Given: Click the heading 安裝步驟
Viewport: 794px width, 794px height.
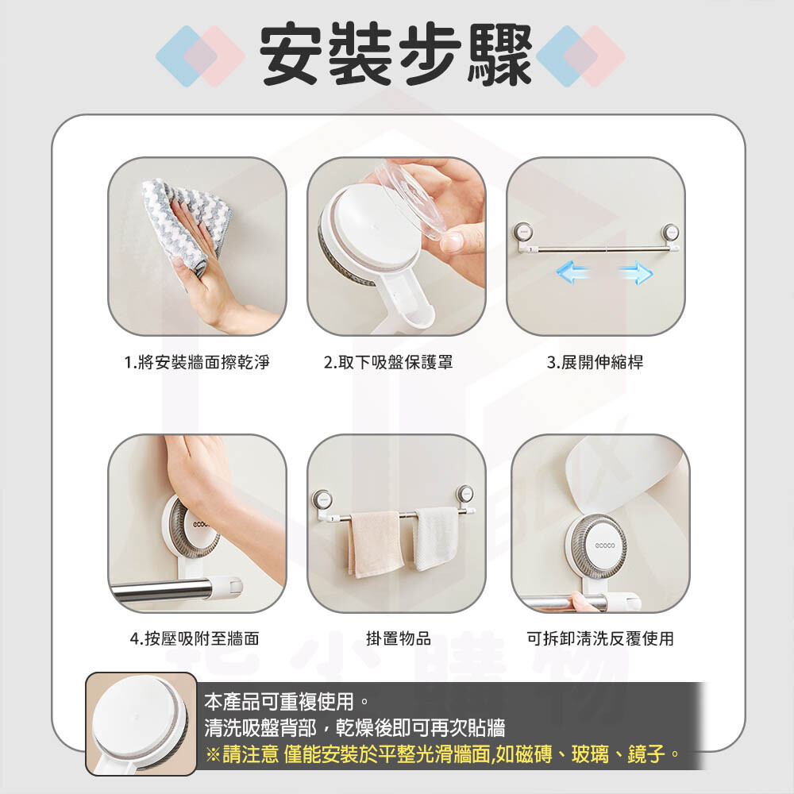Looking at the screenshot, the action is click(x=396, y=54).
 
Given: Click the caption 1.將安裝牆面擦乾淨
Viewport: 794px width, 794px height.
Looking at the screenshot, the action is click(x=197, y=363).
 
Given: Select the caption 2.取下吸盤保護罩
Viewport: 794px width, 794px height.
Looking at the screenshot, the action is click(x=388, y=363).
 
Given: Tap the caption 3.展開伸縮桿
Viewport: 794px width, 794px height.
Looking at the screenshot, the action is click(x=595, y=363).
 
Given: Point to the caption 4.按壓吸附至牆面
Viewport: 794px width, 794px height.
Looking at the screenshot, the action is click(x=195, y=638).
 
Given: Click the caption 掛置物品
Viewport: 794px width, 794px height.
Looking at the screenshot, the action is click(x=399, y=638).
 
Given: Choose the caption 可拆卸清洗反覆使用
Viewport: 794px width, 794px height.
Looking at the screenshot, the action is click(x=600, y=638).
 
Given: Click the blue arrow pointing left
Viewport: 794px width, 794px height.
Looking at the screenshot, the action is click(x=572, y=272).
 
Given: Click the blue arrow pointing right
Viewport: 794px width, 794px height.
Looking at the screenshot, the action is click(x=636, y=272).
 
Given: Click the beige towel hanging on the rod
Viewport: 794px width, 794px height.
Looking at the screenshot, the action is click(x=376, y=545).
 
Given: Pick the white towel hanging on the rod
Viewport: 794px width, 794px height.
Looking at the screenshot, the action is click(x=436, y=539).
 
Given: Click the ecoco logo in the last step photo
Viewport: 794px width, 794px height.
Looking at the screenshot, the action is click(x=604, y=545).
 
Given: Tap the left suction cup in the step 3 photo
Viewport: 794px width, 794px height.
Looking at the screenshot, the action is click(x=523, y=232).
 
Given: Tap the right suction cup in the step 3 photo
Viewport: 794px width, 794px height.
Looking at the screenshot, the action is click(x=672, y=233).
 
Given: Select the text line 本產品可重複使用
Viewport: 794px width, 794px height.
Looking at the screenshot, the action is click(x=287, y=701).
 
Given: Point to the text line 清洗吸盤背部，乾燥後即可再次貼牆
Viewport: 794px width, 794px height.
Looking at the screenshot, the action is click(x=355, y=727).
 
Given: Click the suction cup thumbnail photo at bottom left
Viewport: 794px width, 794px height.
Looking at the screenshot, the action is click(x=141, y=724).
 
